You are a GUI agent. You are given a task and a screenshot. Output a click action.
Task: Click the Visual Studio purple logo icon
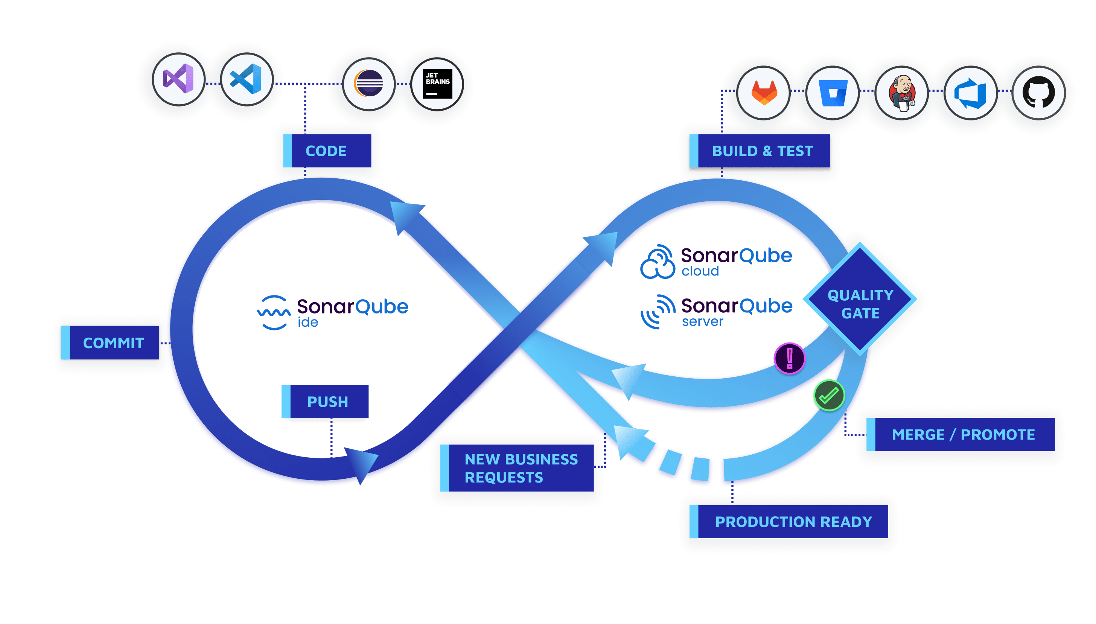tap(178, 79)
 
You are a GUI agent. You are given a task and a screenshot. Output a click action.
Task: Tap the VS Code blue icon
tap(247, 79)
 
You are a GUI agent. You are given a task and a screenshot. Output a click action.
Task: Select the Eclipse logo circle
tap(368, 84)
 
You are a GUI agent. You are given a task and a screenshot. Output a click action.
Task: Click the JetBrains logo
tap(437, 84)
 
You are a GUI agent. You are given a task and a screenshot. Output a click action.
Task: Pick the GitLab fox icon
tap(764, 93)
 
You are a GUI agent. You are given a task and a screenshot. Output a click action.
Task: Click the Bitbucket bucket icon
tap(833, 93)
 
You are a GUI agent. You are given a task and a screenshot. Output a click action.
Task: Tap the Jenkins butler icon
tap(901, 93)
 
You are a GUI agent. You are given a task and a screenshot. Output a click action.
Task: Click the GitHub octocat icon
tap(1038, 93)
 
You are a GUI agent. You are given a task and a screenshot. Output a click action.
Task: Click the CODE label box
tap(327, 151)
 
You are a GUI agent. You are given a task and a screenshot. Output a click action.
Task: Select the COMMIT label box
tap(111, 343)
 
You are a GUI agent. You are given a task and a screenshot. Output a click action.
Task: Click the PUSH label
tap(325, 402)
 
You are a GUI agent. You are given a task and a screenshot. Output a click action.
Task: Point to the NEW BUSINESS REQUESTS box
tap(517, 468)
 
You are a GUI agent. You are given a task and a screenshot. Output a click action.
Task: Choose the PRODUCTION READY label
tap(789, 522)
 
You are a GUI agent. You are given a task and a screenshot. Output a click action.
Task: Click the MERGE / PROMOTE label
tap(960, 435)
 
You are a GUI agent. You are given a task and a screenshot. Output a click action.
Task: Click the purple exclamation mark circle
tap(789, 358)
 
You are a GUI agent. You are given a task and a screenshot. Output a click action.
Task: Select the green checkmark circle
tap(829, 395)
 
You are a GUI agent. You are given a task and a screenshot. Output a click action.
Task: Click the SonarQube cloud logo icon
tap(658, 262)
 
